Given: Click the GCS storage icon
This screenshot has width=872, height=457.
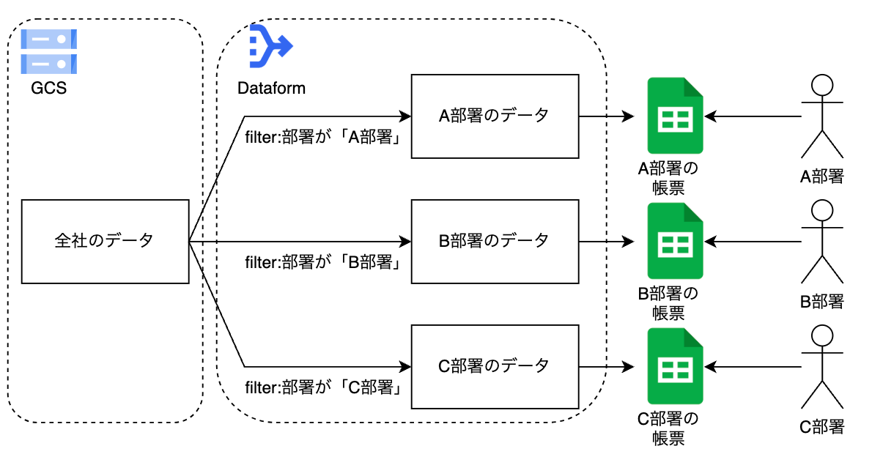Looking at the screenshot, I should pyautogui.click(x=48, y=51).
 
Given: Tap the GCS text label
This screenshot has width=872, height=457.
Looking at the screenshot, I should pyautogui.click(x=48, y=89).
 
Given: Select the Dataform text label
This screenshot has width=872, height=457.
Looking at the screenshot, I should pyautogui.click(x=271, y=89).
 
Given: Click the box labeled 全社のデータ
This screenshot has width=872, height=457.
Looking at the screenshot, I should pyautogui.click(x=105, y=240).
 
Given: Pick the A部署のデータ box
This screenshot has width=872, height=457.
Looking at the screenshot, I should pyautogui.click(x=495, y=116).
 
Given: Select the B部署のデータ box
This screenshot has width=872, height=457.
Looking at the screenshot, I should pyautogui.click(x=495, y=240).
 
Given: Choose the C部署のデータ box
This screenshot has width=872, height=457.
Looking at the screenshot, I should pyautogui.click(x=495, y=365).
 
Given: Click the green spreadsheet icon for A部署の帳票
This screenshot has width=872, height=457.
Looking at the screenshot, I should pyautogui.click(x=675, y=116).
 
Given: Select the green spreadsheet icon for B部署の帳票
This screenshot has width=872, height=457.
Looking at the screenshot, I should pyautogui.click(x=675, y=240).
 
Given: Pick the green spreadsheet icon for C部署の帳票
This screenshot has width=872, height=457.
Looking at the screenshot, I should pyautogui.click(x=675, y=365).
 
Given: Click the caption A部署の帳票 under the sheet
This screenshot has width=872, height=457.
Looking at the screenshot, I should pyautogui.click(x=668, y=178).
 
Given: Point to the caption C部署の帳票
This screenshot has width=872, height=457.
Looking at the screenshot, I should pyautogui.click(x=668, y=428).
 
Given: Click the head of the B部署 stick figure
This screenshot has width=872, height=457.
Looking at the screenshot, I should pyautogui.click(x=822, y=212).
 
